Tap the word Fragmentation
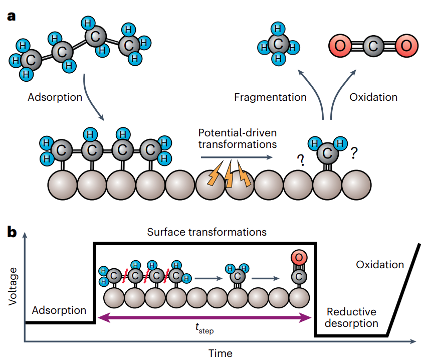(270, 97)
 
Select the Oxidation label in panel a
(373, 97)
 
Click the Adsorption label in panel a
(55, 97)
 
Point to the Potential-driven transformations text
(237, 139)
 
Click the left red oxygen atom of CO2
(341, 46)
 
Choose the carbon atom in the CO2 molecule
(372, 46)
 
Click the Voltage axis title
(14, 286)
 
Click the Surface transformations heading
(206, 232)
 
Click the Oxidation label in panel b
(380, 264)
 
